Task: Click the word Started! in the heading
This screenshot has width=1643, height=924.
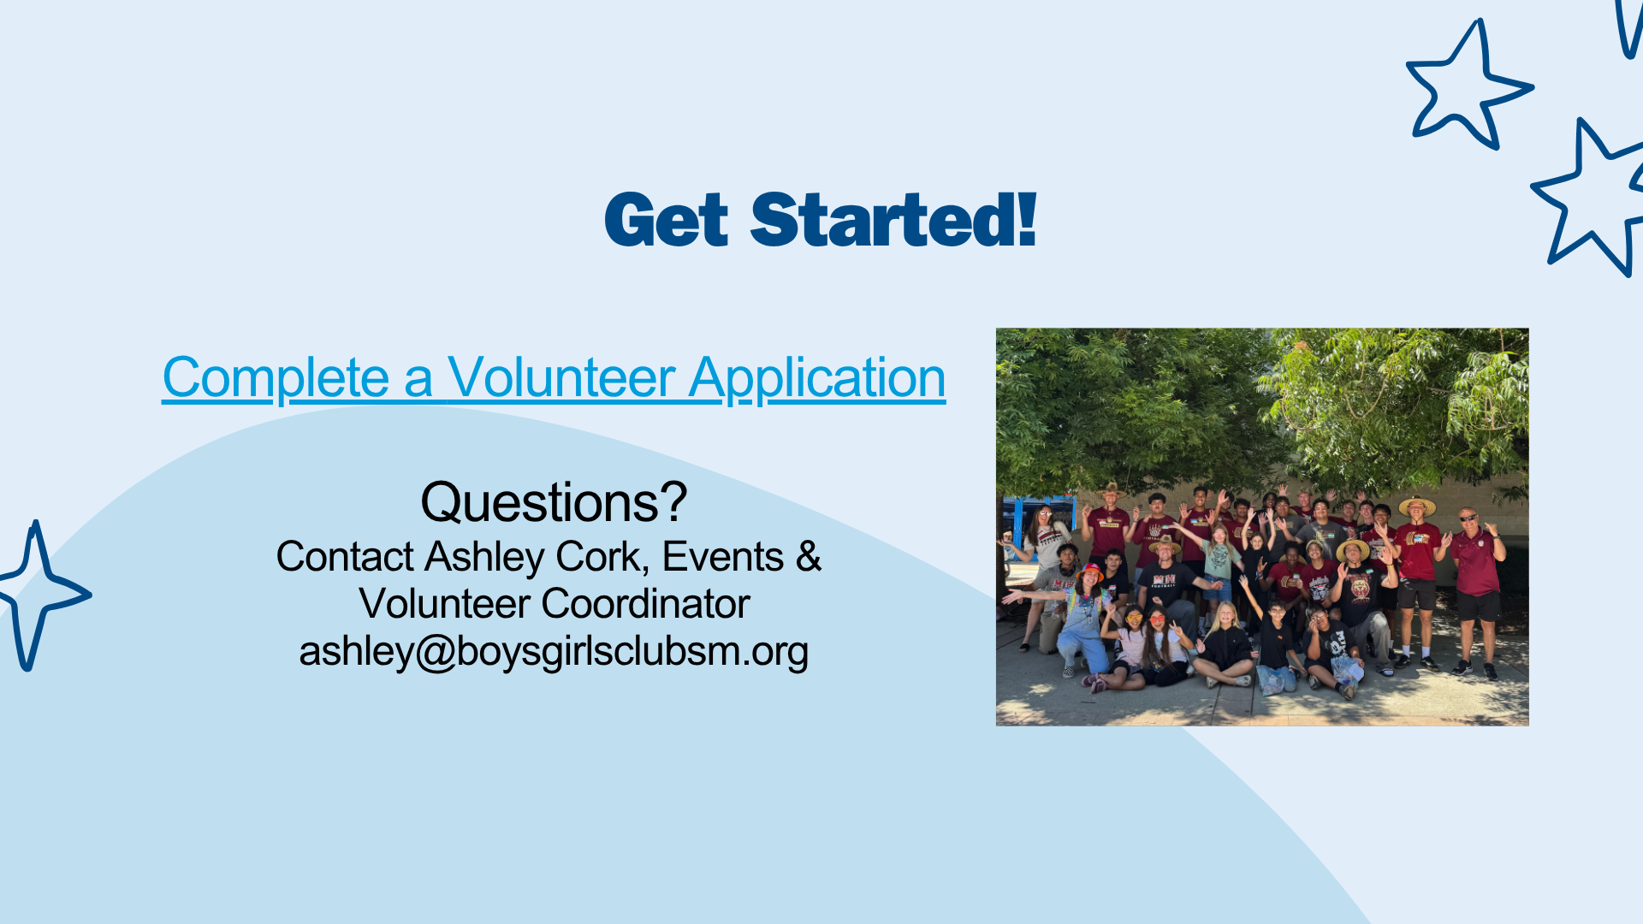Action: pyautogui.click(x=893, y=220)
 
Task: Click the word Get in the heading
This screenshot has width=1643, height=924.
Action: pyautogui.click(x=667, y=220)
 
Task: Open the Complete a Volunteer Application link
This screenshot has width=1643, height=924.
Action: pyautogui.click(x=554, y=377)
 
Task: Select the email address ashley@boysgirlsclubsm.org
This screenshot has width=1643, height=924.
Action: pyautogui.click(x=554, y=651)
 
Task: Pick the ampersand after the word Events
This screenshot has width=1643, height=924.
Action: pyautogui.click(x=809, y=557)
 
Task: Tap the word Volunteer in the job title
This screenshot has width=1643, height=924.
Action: pyautogui.click(x=445, y=604)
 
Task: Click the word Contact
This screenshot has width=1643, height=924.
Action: pyautogui.click(x=345, y=557)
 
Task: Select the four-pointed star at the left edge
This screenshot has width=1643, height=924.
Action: pyautogui.click(x=39, y=595)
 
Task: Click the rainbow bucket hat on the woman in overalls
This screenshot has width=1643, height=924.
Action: pyautogui.click(x=1089, y=571)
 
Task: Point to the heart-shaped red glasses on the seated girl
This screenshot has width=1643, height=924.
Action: pyautogui.click(x=1156, y=619)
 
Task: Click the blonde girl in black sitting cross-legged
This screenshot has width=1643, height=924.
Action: pyautogui.click(x=1225, y=645)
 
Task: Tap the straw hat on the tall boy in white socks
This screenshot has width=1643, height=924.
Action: pyautogui.click(x=1417, y=505)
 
